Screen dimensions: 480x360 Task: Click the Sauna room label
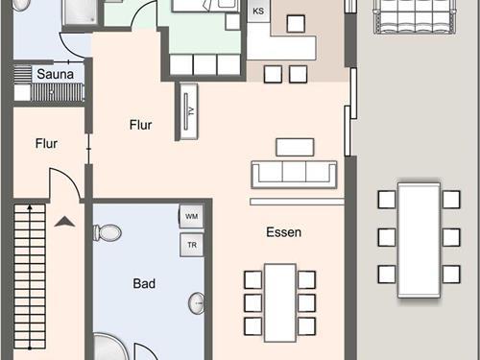click(56, 74)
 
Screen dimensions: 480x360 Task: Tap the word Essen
click(284, 232)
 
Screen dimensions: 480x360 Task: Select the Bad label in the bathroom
click(144, 283)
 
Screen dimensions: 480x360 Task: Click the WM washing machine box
click(191, 216)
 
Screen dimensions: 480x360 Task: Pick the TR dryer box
click(192, 245)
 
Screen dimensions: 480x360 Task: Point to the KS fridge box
click(258, 12)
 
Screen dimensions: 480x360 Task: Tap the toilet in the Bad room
click(108, 232)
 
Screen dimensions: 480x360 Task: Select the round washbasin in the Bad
click(196, 303)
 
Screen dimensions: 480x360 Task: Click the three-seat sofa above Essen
click(294, 175)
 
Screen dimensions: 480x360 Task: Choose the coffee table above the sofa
click(295, 147)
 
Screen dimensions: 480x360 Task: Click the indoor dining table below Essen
click(280, 302)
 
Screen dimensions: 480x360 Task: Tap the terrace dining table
click(419, 240)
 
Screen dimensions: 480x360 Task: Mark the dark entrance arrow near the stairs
click(64, 222)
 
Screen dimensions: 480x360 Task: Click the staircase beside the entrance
click(30, 277)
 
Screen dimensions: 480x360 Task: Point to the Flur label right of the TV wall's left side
click(141, 125)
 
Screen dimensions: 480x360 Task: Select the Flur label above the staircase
click(46, 144)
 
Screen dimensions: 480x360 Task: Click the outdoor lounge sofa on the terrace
click(415, 16)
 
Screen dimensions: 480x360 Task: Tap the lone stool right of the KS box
click(296, 23)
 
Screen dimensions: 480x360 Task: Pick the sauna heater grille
click(58, 92)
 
